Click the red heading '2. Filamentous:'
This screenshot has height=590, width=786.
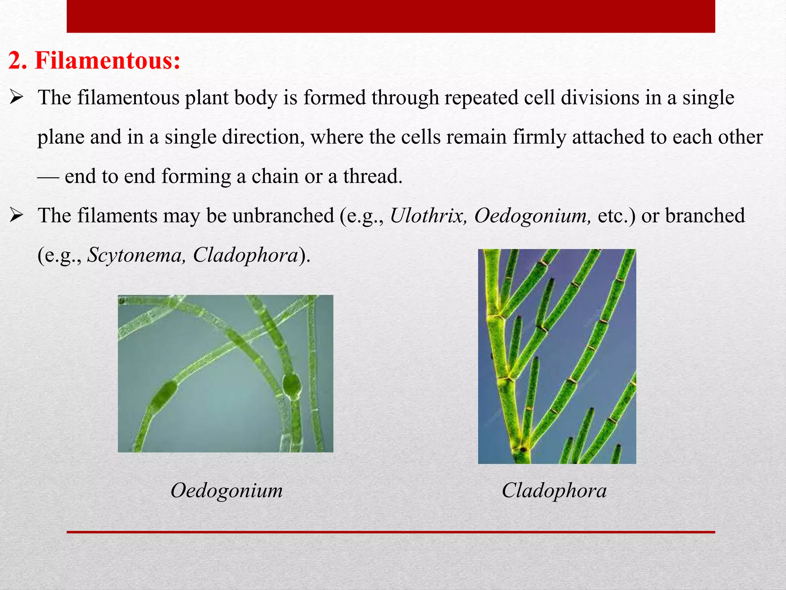tap(94, 61)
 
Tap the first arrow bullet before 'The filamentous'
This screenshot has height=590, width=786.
tap(17, 98)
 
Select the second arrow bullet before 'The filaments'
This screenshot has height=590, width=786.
tap(17, 215)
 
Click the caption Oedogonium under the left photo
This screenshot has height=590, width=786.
tap(226, 491)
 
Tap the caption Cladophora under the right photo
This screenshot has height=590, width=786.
tap(554, 491)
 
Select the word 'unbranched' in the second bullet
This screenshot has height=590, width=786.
tap(283, 215)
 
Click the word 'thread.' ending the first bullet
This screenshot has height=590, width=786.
tap(373, 176)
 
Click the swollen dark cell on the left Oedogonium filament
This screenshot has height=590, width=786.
tap(163, 396)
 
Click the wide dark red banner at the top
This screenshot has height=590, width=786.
tap(391, 16)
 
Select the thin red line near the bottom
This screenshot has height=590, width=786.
tap(391, 532)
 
